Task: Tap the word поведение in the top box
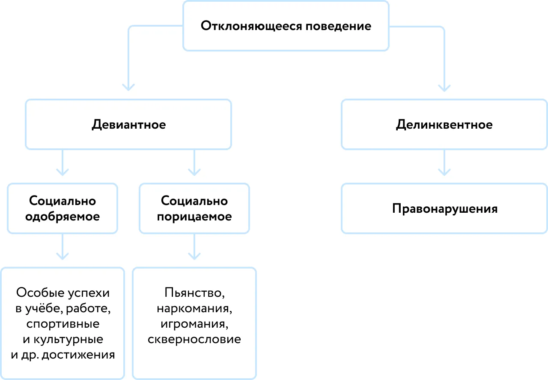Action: click(338, 26)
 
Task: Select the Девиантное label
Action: click(129, 125)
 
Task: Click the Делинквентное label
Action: click(444, 125)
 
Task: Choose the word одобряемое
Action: click(63, 217)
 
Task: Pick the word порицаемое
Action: click(194, 217)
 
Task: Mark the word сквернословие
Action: click(194, 339)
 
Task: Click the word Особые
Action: click(40, 293)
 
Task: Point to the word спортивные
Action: click(63, 324)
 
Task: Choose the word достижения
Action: click(78, 355)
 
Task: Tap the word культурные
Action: click(68, 340)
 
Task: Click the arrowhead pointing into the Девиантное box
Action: click(128, 87)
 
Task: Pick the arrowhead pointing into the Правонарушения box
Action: click(444, 172)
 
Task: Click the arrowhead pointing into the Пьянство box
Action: click(194, 256)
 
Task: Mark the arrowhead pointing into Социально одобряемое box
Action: click(63, 172)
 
